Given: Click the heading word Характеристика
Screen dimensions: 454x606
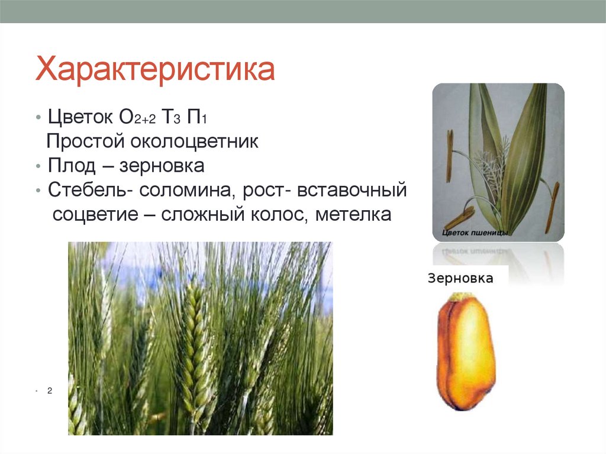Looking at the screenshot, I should (155, 70).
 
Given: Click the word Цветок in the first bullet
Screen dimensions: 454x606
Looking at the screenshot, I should (81, 117).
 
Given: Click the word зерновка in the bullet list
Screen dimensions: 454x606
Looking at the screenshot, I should (162, 166).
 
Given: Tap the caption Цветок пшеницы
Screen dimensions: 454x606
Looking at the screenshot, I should (475, 233).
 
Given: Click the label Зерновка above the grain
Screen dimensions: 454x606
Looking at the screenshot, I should (460, 278).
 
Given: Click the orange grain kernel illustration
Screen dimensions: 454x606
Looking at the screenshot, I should (465, 352).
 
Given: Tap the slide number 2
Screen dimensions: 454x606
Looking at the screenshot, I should (50, 391).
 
